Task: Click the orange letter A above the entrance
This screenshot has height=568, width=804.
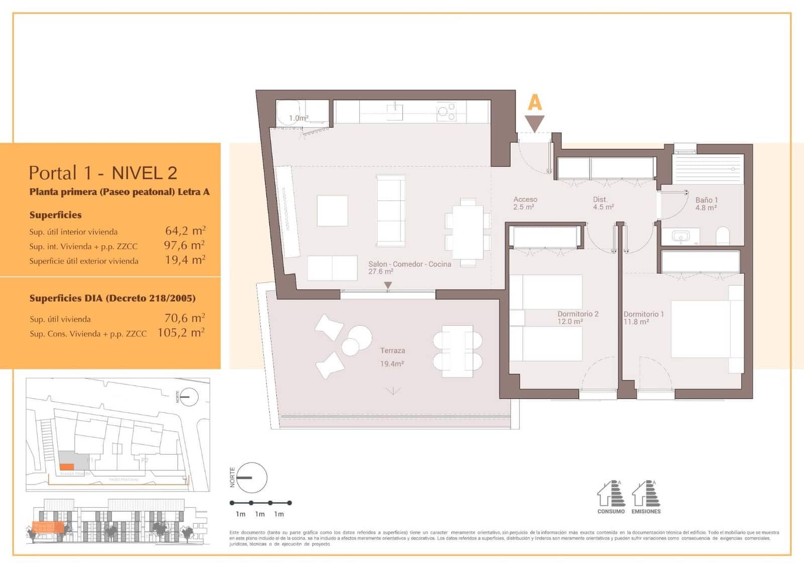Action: point(535,103)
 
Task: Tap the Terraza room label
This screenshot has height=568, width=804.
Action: point(392,351)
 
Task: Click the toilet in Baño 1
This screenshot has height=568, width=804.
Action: point(723,236)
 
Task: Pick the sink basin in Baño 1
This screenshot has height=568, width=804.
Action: point(681,236)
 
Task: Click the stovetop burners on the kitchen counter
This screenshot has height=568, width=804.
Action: point(446,112)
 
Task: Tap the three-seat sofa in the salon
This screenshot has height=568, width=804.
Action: point(391,210)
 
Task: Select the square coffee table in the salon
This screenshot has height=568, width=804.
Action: point(332,211)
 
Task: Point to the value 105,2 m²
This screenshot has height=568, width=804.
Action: point(181,333)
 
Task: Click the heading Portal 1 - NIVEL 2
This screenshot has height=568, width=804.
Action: point(103,173)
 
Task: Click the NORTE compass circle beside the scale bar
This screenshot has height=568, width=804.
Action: point(251,478)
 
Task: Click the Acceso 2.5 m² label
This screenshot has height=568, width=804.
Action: point(525,203)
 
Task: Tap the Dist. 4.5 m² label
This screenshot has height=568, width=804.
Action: point(603,203)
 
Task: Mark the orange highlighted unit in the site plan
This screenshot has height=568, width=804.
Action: point(67,467)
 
